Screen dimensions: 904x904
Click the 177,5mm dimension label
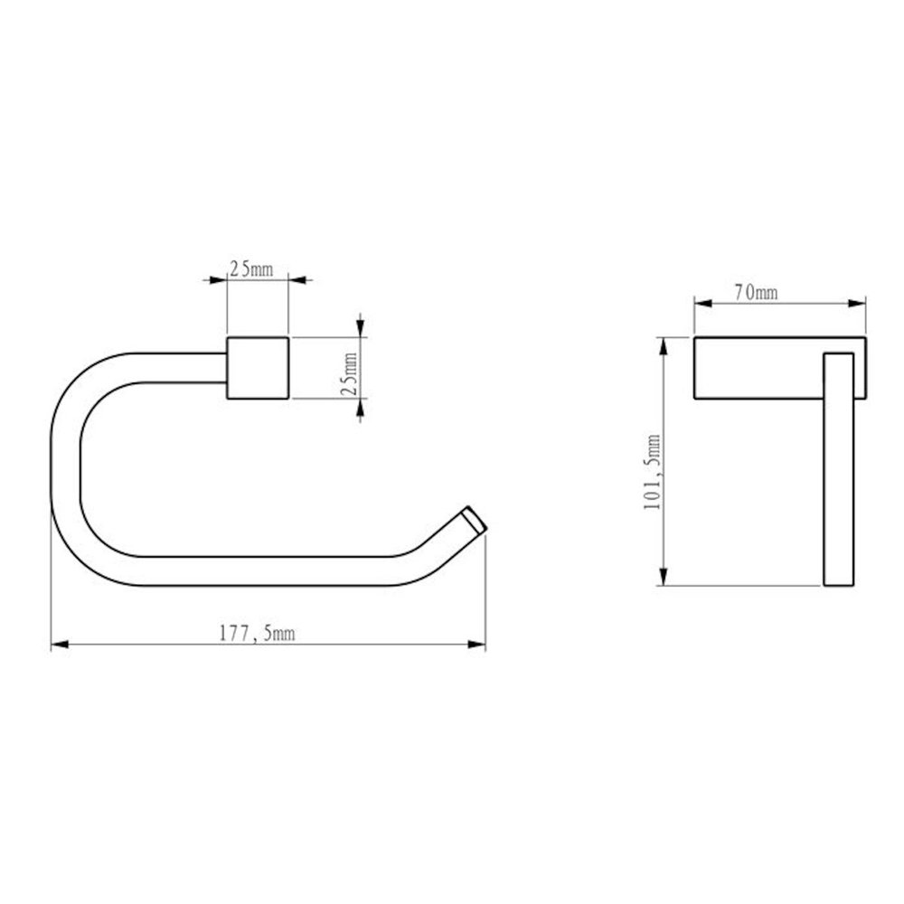(257, 635)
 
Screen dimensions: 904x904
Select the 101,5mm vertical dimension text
(652, 472)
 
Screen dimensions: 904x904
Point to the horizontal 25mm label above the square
(251, 268)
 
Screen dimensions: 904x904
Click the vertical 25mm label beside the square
(349, 373)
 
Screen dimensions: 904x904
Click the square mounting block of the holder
(258, 368)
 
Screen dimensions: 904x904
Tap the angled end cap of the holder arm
(476, 521)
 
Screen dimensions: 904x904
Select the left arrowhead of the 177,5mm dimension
(60, 645)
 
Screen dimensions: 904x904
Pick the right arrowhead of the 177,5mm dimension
(476, 645)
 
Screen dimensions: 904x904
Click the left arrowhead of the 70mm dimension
(702, 303)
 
